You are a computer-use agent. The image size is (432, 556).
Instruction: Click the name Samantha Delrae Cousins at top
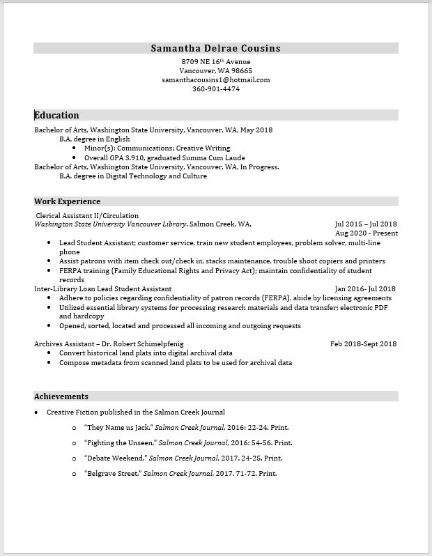click(x=215, y=48)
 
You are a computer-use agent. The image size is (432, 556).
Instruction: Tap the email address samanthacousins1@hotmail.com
click(x=215, y=79)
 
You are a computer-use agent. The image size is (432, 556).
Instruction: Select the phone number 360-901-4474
click(x=215, y=88)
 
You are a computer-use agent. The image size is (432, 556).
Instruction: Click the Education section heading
click(x=57, y=115)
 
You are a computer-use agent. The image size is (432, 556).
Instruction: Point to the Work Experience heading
click(x=68, y=201)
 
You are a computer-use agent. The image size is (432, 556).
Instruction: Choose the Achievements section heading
click(x=61, y=396)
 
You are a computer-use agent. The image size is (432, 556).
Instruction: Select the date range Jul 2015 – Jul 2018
click(x=365, y=224)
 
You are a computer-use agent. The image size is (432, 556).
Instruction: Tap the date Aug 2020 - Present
click(x=367, y=233)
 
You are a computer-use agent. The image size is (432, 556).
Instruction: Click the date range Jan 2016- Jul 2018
click(x=365, y=288)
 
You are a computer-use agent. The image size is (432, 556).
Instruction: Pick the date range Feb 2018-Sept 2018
click(x=363, y=343)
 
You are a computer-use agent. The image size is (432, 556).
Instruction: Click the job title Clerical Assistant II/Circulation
click(x=87, y=216)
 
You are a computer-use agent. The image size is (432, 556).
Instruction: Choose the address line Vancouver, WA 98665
click(x=215, y=70)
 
